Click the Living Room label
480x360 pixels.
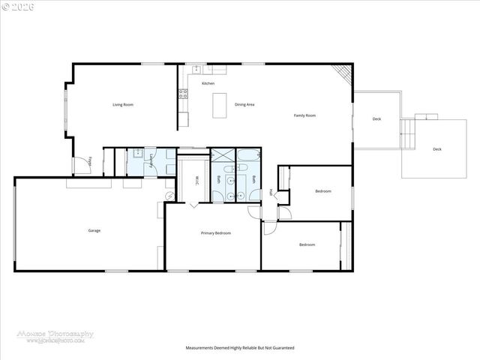123,105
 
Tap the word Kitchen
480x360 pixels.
197,83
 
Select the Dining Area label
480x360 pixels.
244,105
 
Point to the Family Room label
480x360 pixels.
304,115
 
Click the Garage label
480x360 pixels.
94,230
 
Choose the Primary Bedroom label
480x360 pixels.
216,233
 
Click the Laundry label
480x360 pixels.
152,160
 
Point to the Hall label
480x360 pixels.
271,192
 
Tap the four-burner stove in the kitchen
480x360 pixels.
181,94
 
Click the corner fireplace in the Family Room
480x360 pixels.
343,73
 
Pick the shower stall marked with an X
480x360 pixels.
222,156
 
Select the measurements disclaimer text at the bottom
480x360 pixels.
240,348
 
